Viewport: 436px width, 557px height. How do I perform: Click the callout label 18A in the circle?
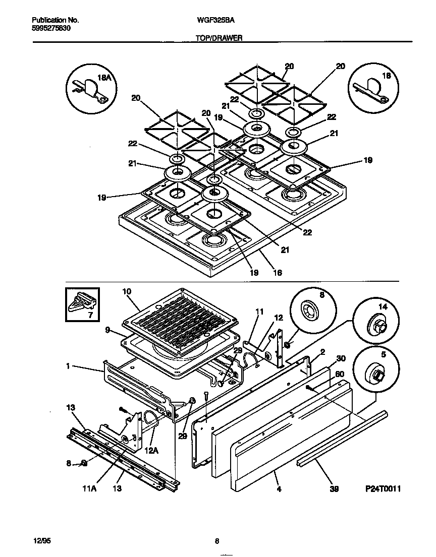[x=103, y=78]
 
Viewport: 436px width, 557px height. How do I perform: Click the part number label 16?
[x=277, y=273]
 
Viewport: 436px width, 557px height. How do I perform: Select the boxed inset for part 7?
[x=82, y=304]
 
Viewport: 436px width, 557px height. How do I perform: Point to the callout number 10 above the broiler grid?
[x=126, y=291]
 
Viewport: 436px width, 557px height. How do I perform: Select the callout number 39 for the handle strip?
[x=334, y=489]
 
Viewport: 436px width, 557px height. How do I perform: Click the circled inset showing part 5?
[x=375, y=371]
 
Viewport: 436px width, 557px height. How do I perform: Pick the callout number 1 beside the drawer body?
[x=67, y=366]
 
